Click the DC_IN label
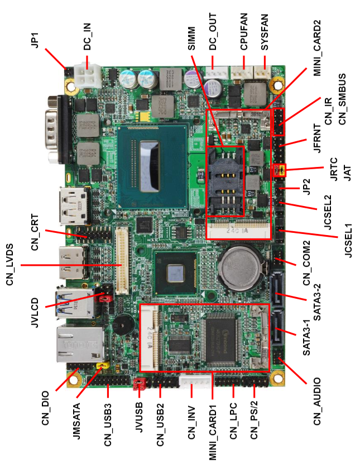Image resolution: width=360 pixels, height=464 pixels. tap(87, 36)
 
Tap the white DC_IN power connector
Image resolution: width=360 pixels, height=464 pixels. tap(88, 76)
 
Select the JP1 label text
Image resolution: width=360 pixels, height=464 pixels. tap(35, 40)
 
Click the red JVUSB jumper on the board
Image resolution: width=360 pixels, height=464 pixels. tap(139, 384)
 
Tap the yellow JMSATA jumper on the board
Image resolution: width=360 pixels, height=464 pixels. tap(103, 366)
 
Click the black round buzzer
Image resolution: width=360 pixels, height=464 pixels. tap(123, 324)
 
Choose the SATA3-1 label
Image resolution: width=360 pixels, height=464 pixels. tap(306, 337)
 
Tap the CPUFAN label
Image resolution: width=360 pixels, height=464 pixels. tap(244, 32)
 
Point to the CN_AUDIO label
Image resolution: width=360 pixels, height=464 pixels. tap(317, 401)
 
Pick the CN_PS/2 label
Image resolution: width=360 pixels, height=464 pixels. tap(254, 420)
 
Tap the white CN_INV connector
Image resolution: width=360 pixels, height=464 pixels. tap(195, 381)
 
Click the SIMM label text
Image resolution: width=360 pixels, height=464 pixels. tap(191, 39)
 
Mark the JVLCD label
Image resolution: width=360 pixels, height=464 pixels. tap(35, 313)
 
